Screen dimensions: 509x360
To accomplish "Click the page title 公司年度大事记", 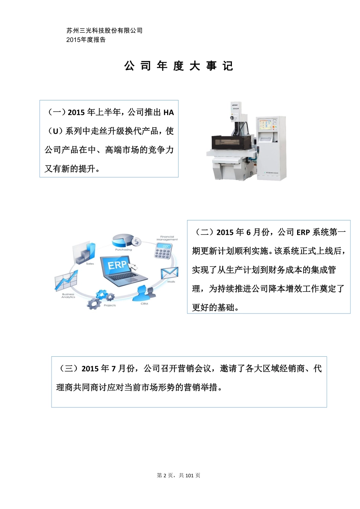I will coord(178,66).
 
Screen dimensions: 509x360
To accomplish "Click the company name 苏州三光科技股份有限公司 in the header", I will coord(104,31).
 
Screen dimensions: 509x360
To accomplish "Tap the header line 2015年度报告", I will coord(86,40).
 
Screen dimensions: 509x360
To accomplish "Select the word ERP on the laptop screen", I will coord(117,265).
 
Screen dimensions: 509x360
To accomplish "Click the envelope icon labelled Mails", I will coord(169,273).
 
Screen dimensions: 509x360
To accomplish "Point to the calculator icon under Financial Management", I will coord(163,251).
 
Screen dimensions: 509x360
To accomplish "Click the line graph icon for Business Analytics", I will coord(66,281).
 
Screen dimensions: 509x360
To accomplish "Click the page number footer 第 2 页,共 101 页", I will coord(178,475).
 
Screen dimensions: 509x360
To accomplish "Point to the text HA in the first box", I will coord(169,112).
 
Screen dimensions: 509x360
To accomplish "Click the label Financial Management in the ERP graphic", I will coord(167,238).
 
